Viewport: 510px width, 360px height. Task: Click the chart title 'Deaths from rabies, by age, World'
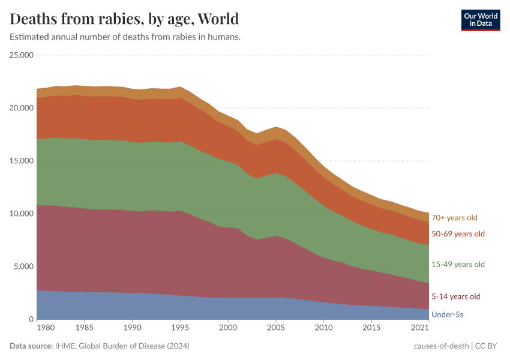124,19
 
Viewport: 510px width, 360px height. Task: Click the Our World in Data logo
480,20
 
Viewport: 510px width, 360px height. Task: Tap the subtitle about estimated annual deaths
125,37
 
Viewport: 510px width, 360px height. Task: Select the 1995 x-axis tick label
180,329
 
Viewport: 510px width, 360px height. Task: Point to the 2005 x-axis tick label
275,329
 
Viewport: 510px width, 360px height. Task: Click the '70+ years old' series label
454,218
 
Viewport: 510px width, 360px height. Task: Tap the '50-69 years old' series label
458,233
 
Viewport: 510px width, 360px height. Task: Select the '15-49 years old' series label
458,265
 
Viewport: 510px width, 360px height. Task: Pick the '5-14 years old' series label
456,296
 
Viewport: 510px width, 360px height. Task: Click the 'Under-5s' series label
448,314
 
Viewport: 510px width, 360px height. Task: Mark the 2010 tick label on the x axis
323,329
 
